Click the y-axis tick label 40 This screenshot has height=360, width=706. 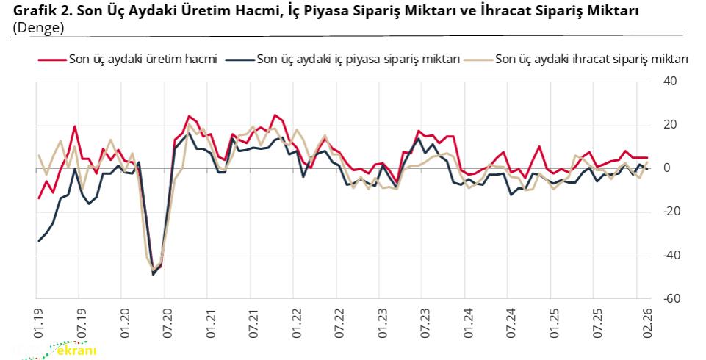pyautogui.click(x=671, y=82)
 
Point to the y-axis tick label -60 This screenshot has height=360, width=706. pyautogui.click(x=670, y=299)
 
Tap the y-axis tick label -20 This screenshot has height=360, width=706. pyautogui.click(x=670, y=212)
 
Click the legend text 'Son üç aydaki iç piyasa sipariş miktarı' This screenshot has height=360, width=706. pyautogui.click(x=359, y=60)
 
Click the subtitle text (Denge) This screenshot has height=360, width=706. pyautogui.click(x=38, y=26)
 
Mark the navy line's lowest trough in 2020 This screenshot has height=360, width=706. pyautogui.click(x=153, y=274)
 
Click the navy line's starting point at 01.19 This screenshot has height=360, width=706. pyautogui.click(x=38, y=241)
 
